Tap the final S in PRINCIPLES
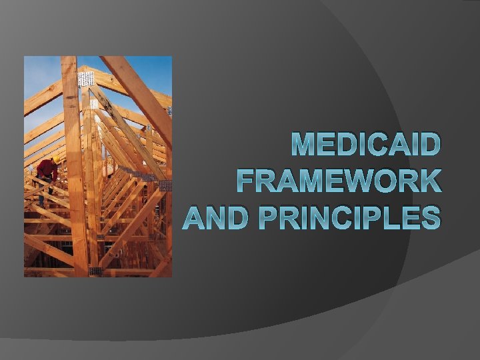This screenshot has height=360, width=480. (430, 217)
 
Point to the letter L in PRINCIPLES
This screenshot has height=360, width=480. (389, 217)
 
